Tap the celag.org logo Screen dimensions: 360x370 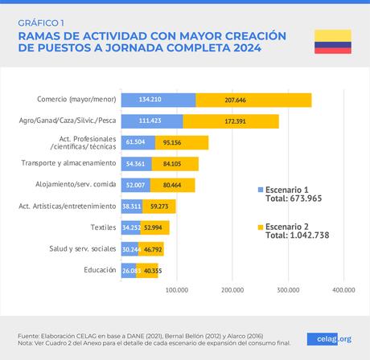(329, 338)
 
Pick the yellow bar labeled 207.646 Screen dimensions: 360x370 (253, 100)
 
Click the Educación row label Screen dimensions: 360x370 (100, 269)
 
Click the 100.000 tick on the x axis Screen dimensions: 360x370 (176, 289)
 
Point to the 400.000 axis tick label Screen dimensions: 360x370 (343, 289)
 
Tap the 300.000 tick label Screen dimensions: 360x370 (288, 289)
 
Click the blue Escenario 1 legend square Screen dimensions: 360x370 (260, 190)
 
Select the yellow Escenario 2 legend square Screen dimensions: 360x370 (260, 227)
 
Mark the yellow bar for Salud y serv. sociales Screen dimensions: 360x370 (151, 248)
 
